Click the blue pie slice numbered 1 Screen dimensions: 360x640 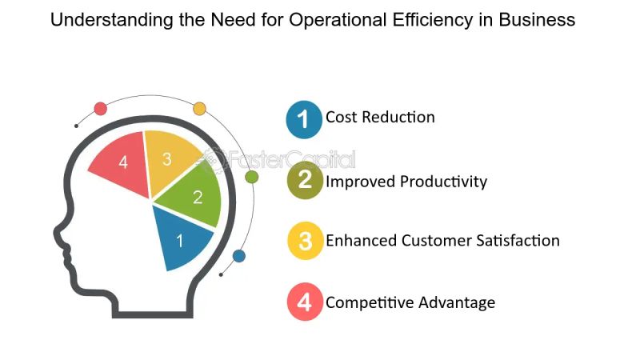(182, 238)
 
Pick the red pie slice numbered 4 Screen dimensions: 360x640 (122, 164)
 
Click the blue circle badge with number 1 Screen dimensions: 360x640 (304, 118)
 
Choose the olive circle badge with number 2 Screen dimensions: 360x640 (304, 180)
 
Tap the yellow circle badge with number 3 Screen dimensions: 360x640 (304, 241)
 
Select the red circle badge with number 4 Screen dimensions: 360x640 (304, 302)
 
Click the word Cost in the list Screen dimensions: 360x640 (342, 117)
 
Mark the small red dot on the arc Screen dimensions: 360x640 (100, 108)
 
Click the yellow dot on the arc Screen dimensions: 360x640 (199, 108)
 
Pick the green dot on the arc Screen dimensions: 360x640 (251, 176)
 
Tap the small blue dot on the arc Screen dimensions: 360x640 (238, 256)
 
